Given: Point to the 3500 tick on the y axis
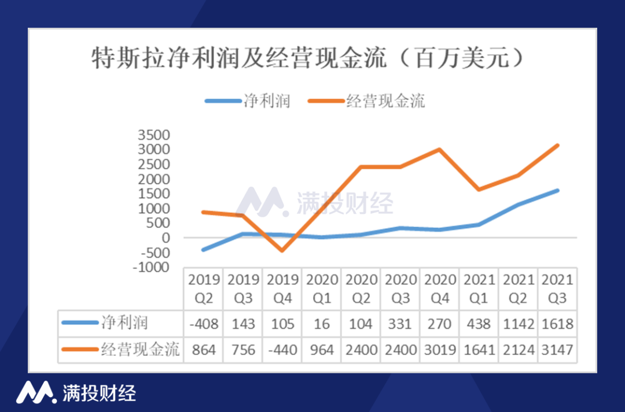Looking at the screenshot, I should [154, 135].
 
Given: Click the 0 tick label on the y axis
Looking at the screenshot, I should [167, 238].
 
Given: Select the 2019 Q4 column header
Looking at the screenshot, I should [282, 288].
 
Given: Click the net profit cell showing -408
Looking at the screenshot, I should [203, 324].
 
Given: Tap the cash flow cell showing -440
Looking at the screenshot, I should [282, 350].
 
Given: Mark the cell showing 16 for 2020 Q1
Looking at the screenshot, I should [322, 324].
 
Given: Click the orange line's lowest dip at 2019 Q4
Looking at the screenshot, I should [282, 250].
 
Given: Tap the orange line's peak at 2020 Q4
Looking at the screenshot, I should [439, 149].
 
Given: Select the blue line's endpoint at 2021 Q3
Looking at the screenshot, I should [557, 191].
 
